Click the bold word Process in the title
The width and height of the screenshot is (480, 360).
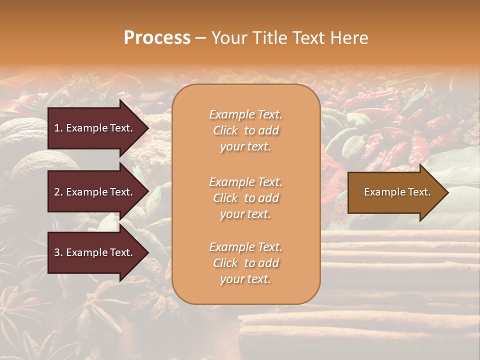[x=157, y=38]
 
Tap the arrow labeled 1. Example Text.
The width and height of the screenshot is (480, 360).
[x=95, y=128]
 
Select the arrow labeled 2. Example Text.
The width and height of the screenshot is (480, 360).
[x=95, y=192]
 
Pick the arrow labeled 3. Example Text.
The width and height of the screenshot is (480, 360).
[x=95, y=252]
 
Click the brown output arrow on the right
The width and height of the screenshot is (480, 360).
[x=395, y=192]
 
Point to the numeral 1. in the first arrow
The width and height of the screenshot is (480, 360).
[x=58, y=128]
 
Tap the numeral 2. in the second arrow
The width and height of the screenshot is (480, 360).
[x=58, y=192]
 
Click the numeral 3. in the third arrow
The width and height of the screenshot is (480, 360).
[x=58, y=252]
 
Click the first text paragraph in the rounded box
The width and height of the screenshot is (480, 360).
[x=245, y=130]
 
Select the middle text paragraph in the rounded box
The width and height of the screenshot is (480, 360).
[x=245, y=197]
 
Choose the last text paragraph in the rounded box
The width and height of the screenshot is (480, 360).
[x=245, y=263]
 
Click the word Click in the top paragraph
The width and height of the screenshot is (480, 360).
[x=225, y=130]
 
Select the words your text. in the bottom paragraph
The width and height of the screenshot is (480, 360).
[x=245, y=279]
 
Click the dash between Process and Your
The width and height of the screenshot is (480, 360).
[x=200, y=38]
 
